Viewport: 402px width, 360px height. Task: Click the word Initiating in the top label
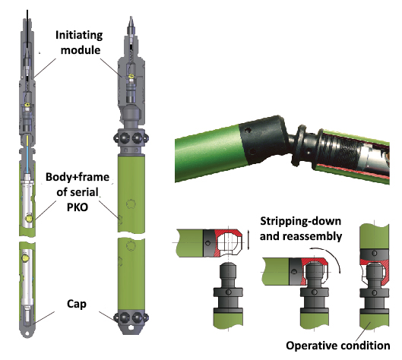click(79, 35)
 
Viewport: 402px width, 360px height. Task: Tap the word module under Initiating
click(81, 50)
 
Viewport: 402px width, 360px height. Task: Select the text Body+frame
click(78, 177)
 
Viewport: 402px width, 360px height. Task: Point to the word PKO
click(78, 207)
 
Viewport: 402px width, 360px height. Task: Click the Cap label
click(77, 305)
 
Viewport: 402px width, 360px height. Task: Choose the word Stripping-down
click(300, 221)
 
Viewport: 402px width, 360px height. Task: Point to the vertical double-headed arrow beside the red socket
click(248, 240)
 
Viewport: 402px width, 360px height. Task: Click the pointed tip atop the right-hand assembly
click(131, 17)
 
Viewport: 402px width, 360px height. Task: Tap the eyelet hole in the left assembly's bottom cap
click(27, 333)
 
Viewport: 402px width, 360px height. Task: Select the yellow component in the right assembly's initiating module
click(131, 76)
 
